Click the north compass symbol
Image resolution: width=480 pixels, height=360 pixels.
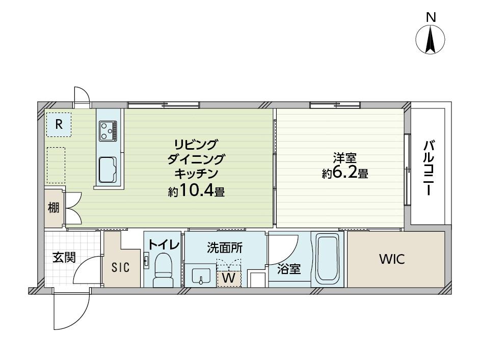[x=430, y=40]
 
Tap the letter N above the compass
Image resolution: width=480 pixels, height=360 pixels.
[x=431, y=18]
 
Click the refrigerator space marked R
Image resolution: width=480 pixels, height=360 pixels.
[x=59, y=124]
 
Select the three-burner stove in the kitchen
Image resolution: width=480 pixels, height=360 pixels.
[x=108, y=131]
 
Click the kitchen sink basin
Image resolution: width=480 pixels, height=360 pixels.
[x=108, y=170]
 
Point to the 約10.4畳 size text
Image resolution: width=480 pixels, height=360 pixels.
[x=196, y=190]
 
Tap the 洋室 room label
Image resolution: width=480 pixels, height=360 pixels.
[x=344, y=158]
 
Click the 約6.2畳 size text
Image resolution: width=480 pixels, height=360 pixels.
[x=344, y=174]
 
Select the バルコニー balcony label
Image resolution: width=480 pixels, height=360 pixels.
[x=428, y=168]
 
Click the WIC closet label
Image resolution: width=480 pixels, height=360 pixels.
[x=392, y=259]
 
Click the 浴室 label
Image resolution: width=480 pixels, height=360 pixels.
[x=289, y=269]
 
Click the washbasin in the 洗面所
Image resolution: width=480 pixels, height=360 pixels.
[x=201, y=276]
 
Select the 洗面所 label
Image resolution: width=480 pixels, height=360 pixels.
[x=225, y=247]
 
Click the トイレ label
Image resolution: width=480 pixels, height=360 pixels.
[x=164, y=244]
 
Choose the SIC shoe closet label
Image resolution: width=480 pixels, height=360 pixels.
[x=120, y=268]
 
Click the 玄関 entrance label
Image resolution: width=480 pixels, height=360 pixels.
[x=64, y=258]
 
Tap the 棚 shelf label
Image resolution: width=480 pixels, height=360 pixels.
[x=54, y=208]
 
